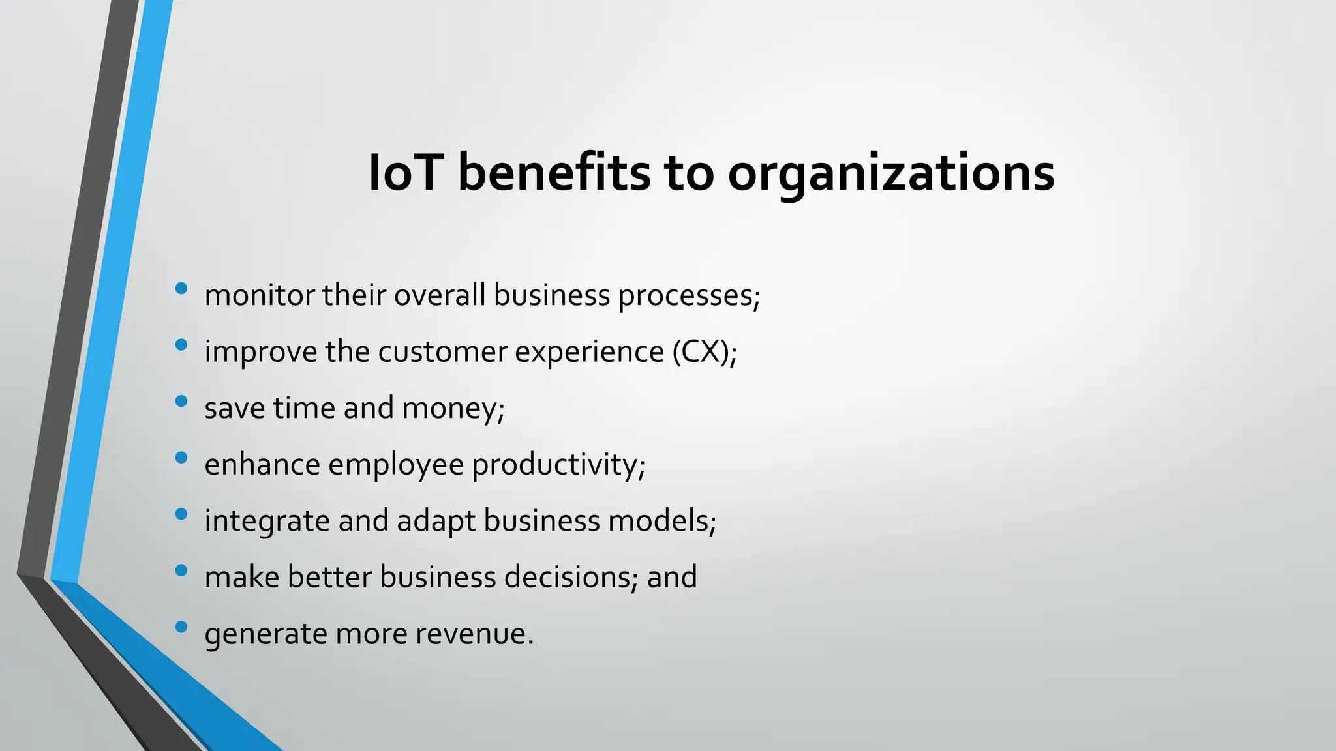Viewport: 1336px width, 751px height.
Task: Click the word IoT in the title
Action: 406,173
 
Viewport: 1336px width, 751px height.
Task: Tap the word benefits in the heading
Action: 554,173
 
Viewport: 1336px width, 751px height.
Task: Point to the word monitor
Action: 259,295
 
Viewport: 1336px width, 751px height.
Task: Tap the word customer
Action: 443,352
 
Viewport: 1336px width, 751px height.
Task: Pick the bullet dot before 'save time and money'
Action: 181,401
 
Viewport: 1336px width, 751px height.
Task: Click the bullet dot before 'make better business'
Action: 181,570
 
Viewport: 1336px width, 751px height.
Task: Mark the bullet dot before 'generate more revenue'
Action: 181,627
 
